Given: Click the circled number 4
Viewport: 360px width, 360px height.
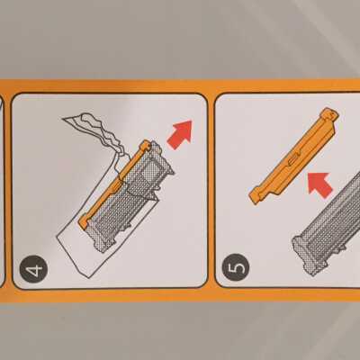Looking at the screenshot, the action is [x=33, y=269].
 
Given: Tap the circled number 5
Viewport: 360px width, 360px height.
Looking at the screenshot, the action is [x=236, y=267].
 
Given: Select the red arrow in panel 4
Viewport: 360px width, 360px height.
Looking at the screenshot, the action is [x=180, y=134].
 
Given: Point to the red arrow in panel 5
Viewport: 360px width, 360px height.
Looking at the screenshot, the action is [x=319, y=184].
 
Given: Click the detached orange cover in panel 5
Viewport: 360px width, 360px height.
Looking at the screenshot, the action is [x=293, y=155].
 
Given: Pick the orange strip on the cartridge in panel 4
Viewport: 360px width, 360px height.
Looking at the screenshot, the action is [x=116, y=184].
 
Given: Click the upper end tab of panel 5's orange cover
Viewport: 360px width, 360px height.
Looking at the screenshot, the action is [x=329, y=115].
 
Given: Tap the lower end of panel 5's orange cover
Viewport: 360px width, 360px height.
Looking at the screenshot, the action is [x=256, y=196].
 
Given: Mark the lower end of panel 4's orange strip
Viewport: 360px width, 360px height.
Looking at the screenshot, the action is [x=83, y=222].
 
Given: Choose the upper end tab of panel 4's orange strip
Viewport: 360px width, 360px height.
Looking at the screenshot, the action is [x=146, y=145].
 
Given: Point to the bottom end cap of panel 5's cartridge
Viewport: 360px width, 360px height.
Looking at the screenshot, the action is [x=304, y=255].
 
